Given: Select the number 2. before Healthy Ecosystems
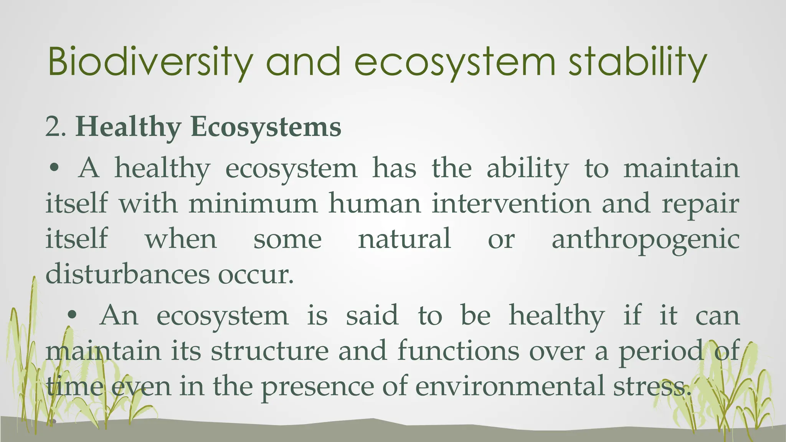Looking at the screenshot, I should [x=56, y=127].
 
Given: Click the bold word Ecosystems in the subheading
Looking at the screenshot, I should [x=266, y=127].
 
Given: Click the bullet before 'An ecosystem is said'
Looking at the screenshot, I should [x=71, y=315].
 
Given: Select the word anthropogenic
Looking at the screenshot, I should [x=646, y=239].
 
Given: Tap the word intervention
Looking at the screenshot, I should [x=511, y=203].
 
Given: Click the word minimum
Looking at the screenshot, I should [x=253, y=203].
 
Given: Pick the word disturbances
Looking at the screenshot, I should [x=128, y=274].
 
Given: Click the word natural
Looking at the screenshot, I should [x=404, y=239].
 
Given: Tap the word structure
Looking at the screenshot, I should [x=269, y=351].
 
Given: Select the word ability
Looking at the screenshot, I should [x=528, y=168].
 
